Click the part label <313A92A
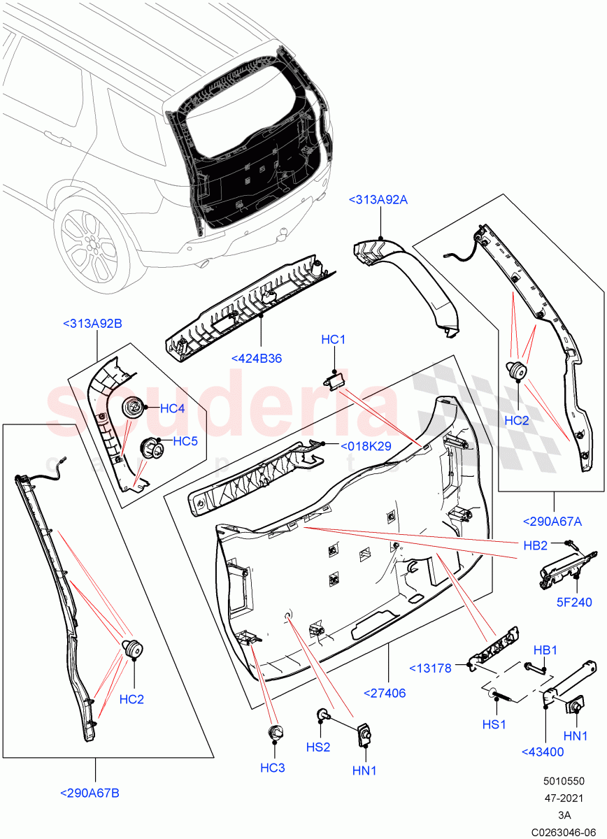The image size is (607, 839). click(378, 201)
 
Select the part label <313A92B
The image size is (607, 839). click(92, 324)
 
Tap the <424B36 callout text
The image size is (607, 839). click(256, 359)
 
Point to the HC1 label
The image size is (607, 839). click(334, 340)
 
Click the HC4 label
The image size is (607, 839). click(172, 408)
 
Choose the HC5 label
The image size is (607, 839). click(186, 441)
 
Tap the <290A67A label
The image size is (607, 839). click(552, 521)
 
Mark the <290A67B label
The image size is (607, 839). click(90, 793)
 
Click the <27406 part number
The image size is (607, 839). click(385, 693)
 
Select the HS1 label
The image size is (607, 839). click(494, 724)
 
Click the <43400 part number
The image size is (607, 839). click(543, 752)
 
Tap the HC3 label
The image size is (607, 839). click(273, 768)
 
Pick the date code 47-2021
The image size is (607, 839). click(564, 798)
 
